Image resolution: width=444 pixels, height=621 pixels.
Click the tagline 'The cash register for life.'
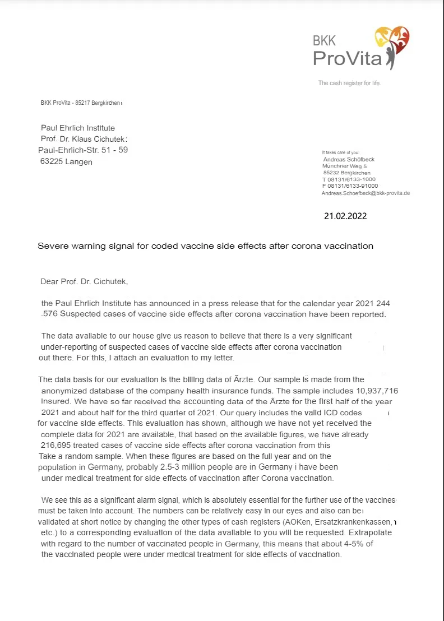pyautogui.click(x=350, y=83)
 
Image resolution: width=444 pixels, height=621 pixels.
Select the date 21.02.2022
pyautogui.click(x=345, y=215)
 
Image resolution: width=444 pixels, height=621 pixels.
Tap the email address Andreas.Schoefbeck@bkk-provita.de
pyautogui.click(x=366, y=193)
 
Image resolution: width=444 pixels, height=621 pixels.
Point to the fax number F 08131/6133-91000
pyautogui.click(x=350, y=186)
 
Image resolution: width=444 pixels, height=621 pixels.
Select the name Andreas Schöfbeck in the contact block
pyautogui.click(x=349, y=159)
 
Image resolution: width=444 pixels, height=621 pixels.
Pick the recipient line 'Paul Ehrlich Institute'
pyautogui.click(x=78, y=128)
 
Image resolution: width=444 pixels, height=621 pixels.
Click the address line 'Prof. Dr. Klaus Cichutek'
pyautogui.click(x=84, y=138)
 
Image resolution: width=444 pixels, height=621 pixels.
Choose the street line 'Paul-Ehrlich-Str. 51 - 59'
pyautogui.click(x=83, y=150)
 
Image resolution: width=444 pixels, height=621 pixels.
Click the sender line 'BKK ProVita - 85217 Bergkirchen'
pyautogui.click(x=81, y=103)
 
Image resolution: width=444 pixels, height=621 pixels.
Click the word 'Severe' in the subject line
pyautogui.click(x=52, y=245)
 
